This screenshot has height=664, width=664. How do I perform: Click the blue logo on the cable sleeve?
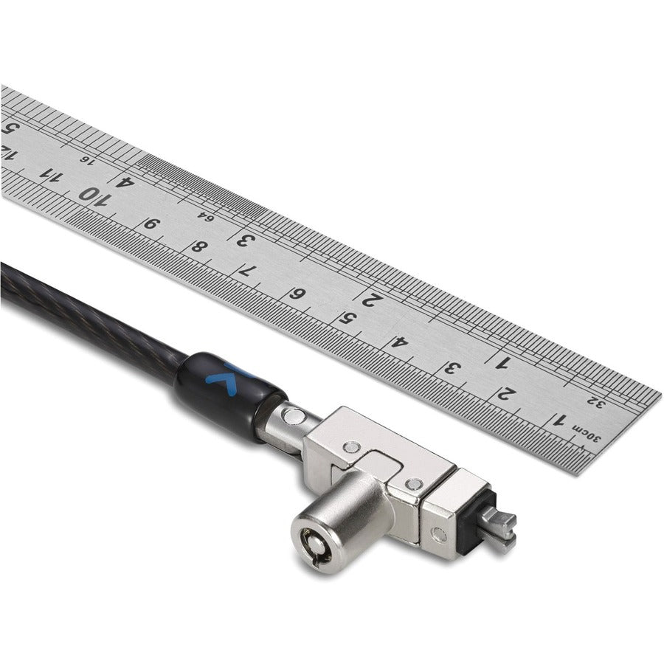point(219,376)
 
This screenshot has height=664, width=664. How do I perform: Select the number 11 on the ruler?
point(50,176)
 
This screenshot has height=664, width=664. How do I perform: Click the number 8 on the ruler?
point(198,246)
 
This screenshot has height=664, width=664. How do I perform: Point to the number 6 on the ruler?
point(298,294)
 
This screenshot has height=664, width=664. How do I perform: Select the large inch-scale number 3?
point(243,238)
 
